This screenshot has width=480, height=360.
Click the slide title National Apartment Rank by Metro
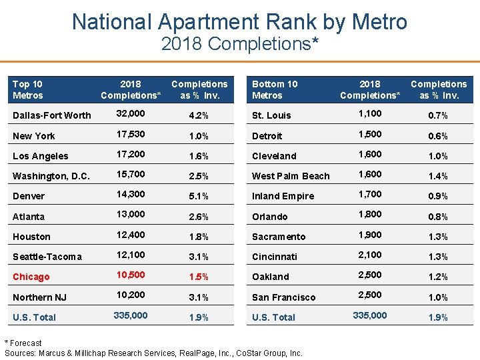239,21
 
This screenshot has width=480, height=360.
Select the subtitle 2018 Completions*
239,44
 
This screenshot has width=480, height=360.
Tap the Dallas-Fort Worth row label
52,115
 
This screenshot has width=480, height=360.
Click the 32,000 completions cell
130,114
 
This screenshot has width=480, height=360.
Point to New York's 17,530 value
130,134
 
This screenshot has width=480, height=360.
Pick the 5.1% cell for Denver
199,196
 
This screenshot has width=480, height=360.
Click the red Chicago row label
31,277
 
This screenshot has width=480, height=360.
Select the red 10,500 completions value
130,275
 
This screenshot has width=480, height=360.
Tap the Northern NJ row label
39,297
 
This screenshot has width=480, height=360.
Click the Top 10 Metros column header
27,89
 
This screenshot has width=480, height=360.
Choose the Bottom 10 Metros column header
275,89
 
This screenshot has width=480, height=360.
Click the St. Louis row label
271,115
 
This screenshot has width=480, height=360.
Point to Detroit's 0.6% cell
438,136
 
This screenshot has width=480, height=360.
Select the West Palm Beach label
291,176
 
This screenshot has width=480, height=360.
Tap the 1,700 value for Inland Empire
370,195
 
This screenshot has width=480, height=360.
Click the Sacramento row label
279,237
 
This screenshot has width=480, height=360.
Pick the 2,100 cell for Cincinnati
370,255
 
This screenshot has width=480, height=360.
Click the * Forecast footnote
23,343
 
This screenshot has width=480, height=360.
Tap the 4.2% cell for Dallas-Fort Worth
199,115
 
